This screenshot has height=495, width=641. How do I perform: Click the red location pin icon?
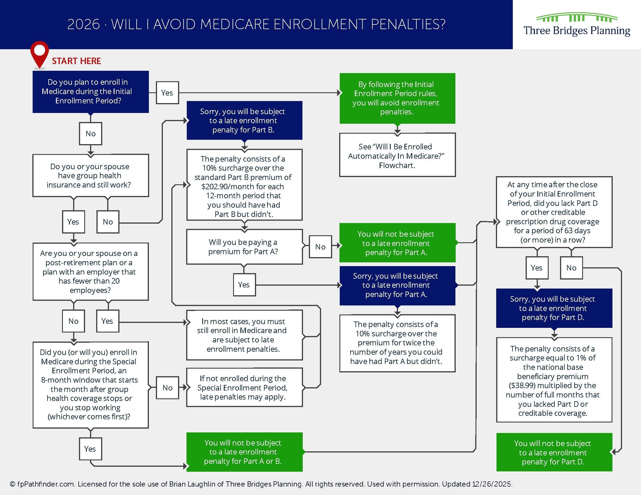click(39, 54)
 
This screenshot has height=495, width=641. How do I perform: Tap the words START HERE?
click(76, 61)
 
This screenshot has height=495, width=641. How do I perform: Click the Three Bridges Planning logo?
click(577, 25)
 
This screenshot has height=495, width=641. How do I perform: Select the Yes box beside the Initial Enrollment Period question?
click(167, 93)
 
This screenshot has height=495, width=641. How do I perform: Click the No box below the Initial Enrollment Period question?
click(91, 134)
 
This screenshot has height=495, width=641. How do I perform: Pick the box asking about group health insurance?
click(91, 175)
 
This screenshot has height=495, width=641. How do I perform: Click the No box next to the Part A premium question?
click(320, 247)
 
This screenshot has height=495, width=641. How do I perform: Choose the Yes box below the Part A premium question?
click(244, 285)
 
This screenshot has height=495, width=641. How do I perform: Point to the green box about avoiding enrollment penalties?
click(397, 98)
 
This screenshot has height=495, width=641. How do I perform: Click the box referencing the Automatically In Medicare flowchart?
click(397, 155)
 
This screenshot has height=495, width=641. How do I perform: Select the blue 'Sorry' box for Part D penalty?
click(554, 308)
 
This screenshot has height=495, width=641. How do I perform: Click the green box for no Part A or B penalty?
click(244, 452)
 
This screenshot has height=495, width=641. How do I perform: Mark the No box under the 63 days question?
click(571, 268)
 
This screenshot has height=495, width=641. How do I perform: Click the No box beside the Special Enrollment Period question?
click(167, 388)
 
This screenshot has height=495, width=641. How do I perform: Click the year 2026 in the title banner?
click(84, 24)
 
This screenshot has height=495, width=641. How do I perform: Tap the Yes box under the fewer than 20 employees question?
click(108, 321)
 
